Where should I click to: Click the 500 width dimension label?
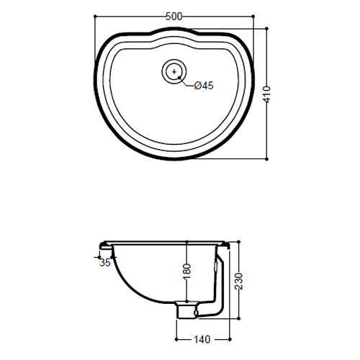pos(174,17)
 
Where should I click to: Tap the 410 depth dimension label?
pos(266,94)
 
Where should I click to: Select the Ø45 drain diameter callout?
pos(204,86)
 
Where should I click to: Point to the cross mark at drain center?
pos(174,71)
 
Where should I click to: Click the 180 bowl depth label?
pos(187,271)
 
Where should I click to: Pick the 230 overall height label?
pos(238,281)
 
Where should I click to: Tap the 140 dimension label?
pos(202,339)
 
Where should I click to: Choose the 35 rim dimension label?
pos(105,263)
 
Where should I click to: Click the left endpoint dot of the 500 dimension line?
pos(95,17)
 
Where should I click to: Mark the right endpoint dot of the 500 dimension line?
pos(253,17)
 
